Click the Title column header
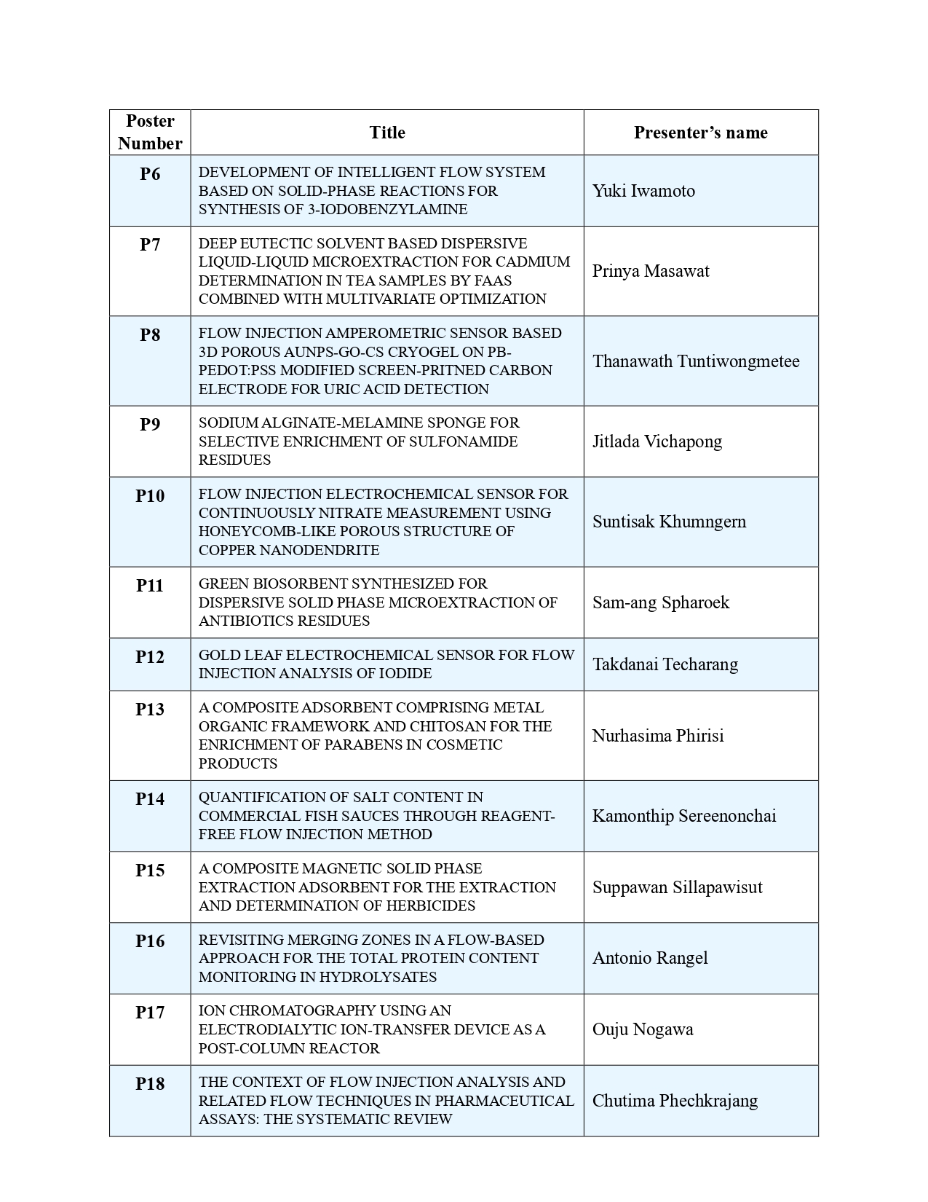[386, 133]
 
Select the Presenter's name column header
[700, 133]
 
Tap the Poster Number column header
[150, 132]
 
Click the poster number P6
[150, 174]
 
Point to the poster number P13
[150, 709]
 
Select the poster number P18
[150, 1083]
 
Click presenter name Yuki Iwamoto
[643, 191]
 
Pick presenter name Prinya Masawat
[651, 271]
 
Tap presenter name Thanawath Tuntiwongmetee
[696, 361]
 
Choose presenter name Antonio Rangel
[650, 958]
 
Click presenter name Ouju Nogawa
[643, 1029]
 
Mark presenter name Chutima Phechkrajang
[675, 1101]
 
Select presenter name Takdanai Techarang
[665, 664]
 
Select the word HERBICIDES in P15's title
[432, 906]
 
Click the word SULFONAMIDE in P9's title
[467, 441]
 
